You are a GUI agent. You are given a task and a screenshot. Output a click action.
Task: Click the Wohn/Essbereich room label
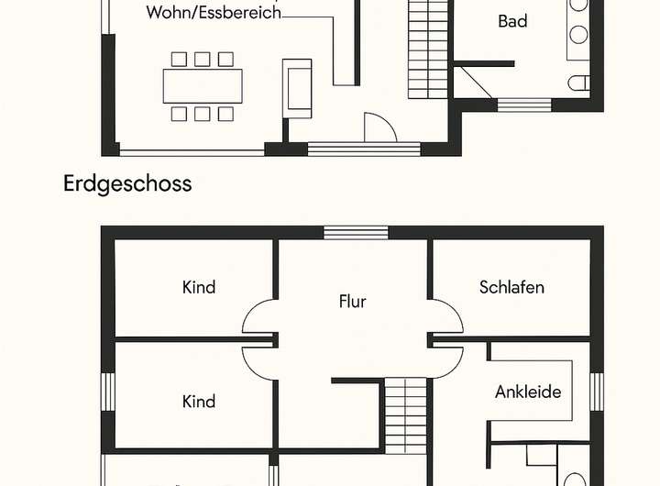coord(213,13)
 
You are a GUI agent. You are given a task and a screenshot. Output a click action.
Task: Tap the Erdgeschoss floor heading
coord(127,183)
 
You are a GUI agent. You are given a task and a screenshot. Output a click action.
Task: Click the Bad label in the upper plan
coord(512,21)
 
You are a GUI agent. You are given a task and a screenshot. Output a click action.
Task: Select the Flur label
coord(352,301)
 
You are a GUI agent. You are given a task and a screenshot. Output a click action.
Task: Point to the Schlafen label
coord(511,287)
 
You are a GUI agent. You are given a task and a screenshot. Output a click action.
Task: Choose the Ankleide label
coord(527,392)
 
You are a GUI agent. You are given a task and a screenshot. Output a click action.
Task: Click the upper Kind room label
coord(199,287)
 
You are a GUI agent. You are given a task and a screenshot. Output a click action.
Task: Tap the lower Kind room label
coord(199,402)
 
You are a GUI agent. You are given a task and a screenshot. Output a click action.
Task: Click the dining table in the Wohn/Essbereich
coord(203,86)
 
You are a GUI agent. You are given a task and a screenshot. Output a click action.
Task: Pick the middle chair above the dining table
coord(203,60)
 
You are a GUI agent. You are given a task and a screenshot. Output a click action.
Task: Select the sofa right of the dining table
coord(298,87)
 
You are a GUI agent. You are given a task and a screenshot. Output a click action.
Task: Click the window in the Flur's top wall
coord(356,232)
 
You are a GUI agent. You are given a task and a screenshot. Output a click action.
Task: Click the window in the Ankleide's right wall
coord(598,392)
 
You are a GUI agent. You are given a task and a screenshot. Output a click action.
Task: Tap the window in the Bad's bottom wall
coord(523,105)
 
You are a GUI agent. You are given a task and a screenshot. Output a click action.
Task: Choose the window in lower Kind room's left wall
coord(107,392)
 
